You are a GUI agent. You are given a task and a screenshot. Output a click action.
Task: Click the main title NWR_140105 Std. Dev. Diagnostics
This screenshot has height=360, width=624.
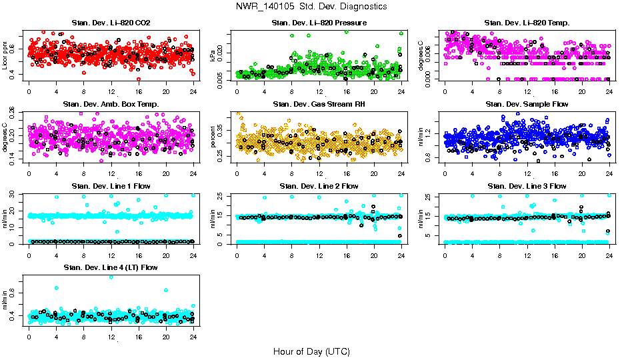click(311, 6)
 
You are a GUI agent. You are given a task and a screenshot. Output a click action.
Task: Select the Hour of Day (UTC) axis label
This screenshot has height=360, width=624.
click(311, 351)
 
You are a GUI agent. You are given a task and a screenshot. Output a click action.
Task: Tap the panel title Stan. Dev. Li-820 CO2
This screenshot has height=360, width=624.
click(109, 23)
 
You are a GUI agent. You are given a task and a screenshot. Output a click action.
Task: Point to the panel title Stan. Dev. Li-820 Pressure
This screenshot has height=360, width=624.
click(319, 23)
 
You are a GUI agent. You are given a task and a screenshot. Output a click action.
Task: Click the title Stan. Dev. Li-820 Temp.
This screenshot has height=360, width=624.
click(527, 23)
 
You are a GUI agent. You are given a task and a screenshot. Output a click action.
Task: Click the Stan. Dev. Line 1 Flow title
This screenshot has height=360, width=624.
click(109, 186)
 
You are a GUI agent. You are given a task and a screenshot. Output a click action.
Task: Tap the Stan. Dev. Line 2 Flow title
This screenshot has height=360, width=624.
click(319, 186)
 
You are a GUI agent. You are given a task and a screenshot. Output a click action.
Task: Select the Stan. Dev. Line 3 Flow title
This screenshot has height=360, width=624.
click(527, 186)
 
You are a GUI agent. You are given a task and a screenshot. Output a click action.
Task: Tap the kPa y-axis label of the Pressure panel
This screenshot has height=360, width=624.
click(213, 56)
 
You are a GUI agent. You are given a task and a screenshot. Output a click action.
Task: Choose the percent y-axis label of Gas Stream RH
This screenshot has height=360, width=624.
click(213, 137)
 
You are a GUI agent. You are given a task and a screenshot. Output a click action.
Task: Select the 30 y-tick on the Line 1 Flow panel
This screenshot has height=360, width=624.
click(15, 194)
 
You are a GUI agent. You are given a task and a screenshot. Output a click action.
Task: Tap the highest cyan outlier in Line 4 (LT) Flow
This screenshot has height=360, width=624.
click(111, 277)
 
